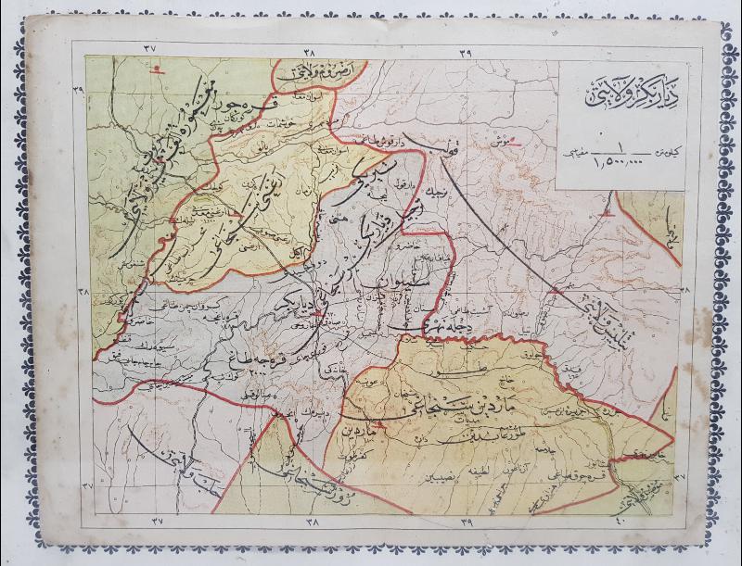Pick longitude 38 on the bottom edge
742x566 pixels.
(x=311, y=522)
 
